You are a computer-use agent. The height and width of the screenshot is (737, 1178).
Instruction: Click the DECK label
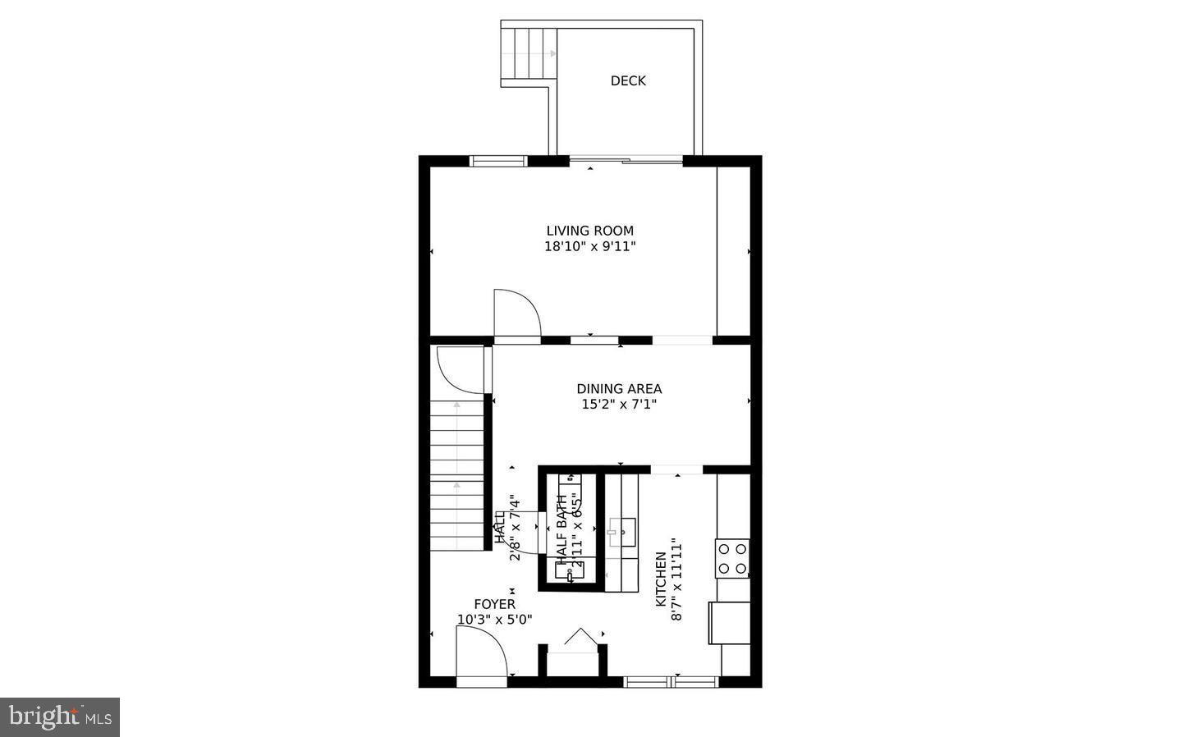coord(628,80)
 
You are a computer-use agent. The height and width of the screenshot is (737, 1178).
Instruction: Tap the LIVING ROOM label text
coord(590,231)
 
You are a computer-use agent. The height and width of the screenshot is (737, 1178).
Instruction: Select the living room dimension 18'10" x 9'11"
coord(590,246)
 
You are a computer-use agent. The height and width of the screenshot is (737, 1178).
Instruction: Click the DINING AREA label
coord(619,389)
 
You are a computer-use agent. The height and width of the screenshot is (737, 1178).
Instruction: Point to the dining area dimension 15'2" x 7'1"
coord(619,404)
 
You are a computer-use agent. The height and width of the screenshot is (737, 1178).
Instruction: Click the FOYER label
coord(494,604)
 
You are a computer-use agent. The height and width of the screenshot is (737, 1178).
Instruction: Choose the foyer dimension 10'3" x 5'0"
coord(494,620)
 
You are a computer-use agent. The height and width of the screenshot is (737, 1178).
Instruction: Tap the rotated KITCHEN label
coord(661,579)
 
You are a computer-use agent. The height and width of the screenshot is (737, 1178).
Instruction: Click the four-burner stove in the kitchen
coord(732,558)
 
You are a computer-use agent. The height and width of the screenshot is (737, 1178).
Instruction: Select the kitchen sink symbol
coord(622,532)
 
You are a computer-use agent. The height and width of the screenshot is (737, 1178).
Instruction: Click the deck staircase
coord(529,54)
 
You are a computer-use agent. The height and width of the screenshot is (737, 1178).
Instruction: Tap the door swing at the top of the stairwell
coord(460,369)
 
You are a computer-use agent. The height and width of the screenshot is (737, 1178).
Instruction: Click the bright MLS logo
coord(60,717)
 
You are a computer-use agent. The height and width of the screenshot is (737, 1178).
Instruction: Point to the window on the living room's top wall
coord(498,161)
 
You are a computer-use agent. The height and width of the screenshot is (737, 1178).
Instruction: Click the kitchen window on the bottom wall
coord(672,680)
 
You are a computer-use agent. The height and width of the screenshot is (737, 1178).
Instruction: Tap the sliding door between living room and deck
coord(626,161)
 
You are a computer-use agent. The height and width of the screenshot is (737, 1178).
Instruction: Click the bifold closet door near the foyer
coord(580,639)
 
